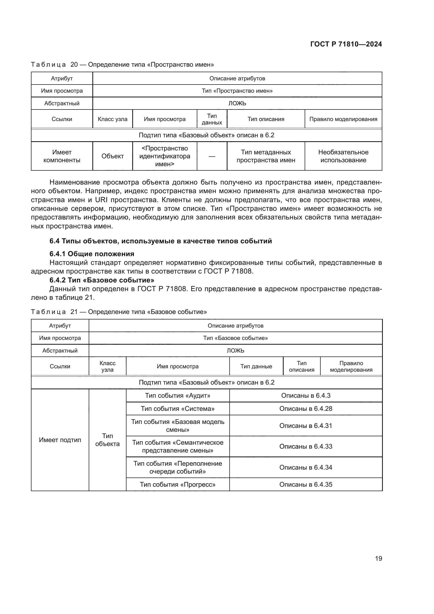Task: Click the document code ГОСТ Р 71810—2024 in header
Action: [x=346, y=44]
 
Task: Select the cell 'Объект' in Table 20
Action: [x=113, y=156]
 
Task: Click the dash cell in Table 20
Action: [x=212, y=156]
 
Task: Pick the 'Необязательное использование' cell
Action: [x=343, y=156]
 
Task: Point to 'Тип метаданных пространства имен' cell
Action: [x=266, y=156]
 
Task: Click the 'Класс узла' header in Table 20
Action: [x=113, y=119]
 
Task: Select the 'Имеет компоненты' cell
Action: [x=62, y=156]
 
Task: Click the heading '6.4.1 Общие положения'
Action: [x=92, y=254]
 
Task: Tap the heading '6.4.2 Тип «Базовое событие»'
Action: [x=102, y=280]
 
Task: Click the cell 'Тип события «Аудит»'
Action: [x=177, y=396]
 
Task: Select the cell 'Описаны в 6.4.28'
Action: [x=306, y=409]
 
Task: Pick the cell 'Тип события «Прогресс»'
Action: [x=177, y=485]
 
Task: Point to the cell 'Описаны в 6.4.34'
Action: [x=306, y=468]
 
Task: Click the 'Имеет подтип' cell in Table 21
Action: [x=60, y=440]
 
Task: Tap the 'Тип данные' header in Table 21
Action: [x=256, y=366]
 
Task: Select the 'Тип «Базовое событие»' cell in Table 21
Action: [x=235, y=338]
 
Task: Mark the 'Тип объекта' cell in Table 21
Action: [x=107, y=440]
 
